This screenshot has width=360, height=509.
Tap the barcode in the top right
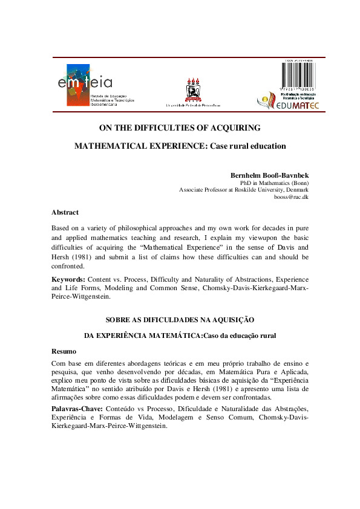292,79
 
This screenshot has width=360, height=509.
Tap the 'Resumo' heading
64,351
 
